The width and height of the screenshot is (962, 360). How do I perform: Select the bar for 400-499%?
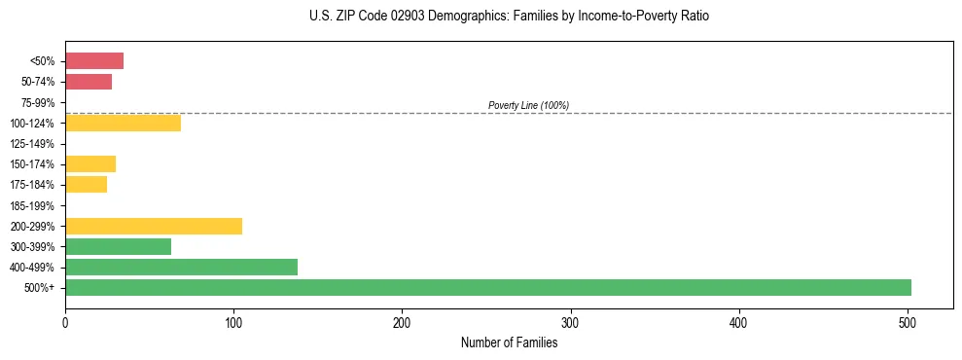click(x=181, y=267)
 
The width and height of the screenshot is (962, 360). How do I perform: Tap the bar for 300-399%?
click(x=118, y=246)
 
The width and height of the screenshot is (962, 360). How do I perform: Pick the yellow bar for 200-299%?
click(x=154, y=226)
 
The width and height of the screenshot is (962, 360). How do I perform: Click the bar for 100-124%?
click(x=123, y=123)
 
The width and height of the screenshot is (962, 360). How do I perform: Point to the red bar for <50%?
click(x=94, y=61)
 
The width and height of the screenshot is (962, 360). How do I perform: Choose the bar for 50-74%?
click(x=89, y=82)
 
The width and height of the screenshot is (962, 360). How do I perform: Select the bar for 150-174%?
click(x=90, y=163)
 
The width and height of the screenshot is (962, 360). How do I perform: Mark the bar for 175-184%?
click(x=86, y=184)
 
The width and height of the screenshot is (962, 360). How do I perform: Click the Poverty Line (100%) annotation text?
click(x=528, y=105)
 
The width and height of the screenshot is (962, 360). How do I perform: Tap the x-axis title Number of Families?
click(x=509, y=342)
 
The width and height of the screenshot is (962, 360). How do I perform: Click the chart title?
click(x=509, y=17)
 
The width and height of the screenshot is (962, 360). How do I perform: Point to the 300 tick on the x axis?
click(x=571, y=323)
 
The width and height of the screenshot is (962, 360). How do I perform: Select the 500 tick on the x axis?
click(x=908, y=323)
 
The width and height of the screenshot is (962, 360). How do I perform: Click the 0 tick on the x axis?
click(x=65, y=323)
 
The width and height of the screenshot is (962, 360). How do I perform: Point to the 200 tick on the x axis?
click(x=402, y=323)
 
